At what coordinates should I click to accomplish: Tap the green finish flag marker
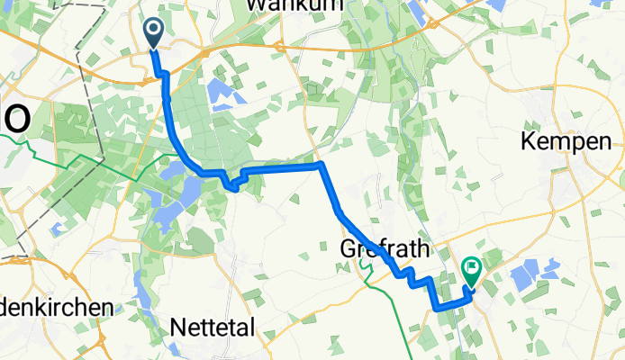[x=471, y=268]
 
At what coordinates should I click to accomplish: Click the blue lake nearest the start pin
[x=219, y=90]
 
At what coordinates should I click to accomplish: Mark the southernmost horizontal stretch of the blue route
[x=450, y=307]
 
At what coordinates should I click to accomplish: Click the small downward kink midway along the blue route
[x=234, y=187]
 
